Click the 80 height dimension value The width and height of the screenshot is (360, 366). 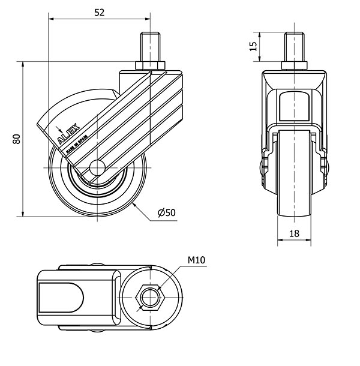click(x=16, y=139)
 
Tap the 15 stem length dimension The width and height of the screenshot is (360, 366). click(x=254, y=46)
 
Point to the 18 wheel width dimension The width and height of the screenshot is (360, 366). click(x=294, y=234)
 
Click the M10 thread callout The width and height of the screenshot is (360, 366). click(x=197, y=260)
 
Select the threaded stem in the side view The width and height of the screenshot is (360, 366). click(x=150, y=47)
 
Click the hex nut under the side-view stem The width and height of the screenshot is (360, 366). click(x=150, y=65)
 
